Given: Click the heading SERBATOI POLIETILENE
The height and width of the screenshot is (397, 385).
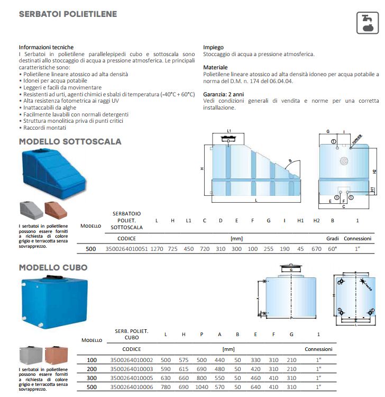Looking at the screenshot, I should [68, 14].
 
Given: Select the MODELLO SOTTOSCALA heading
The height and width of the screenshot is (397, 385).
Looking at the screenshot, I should [70, 141].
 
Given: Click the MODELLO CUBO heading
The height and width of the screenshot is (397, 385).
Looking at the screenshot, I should [53, 267].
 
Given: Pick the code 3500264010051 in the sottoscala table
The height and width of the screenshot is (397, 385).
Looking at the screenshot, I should [126, 249].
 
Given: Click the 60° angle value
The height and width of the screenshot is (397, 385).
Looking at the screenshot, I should [332, 249].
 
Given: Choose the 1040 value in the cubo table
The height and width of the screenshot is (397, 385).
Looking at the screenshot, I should [201, 387].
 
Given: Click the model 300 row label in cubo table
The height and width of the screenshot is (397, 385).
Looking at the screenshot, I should [91, 378].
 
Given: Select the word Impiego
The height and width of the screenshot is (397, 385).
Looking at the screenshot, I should [213, 47].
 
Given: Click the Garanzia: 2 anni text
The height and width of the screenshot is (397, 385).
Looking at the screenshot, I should [223, 94].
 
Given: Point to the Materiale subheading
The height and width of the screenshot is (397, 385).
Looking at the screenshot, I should [215, 68].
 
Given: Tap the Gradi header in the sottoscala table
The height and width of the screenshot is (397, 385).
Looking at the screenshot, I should [332, 239].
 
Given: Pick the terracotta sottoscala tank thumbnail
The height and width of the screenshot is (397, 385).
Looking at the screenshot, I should [56, 210].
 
